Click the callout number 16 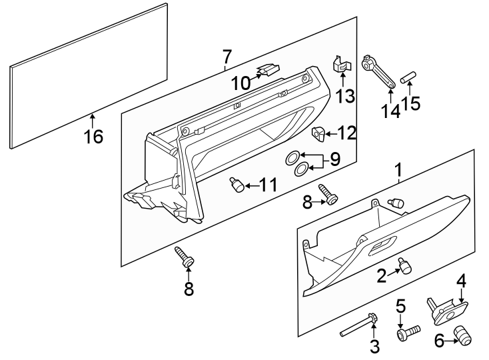click(94, 137)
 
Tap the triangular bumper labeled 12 click(319, 133)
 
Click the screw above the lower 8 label click(184, 257)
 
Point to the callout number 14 click(391, 110)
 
